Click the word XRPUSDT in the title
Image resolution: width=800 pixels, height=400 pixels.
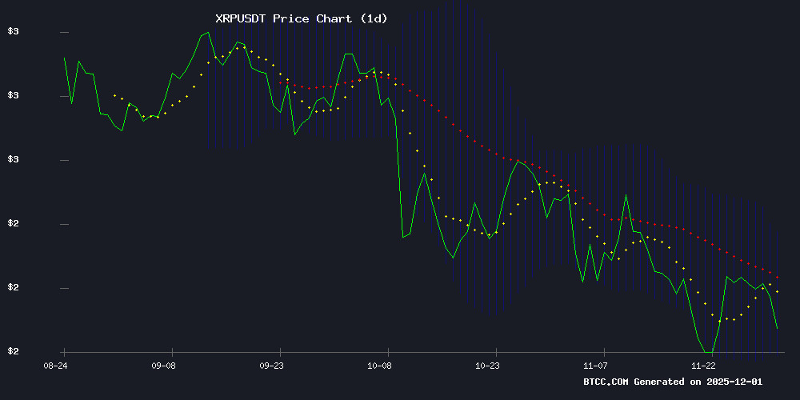point(242,18)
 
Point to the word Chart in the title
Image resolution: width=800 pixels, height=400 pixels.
point(331,18)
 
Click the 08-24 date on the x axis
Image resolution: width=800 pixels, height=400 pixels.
point(55,365)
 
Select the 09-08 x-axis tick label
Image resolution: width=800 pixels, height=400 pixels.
point(163,365)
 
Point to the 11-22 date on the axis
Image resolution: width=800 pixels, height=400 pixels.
point(703,365)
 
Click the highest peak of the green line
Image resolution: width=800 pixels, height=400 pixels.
point(208,32)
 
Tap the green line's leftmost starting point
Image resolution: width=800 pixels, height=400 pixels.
point(64,58)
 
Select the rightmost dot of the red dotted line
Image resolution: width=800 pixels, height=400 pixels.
point(778,278)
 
